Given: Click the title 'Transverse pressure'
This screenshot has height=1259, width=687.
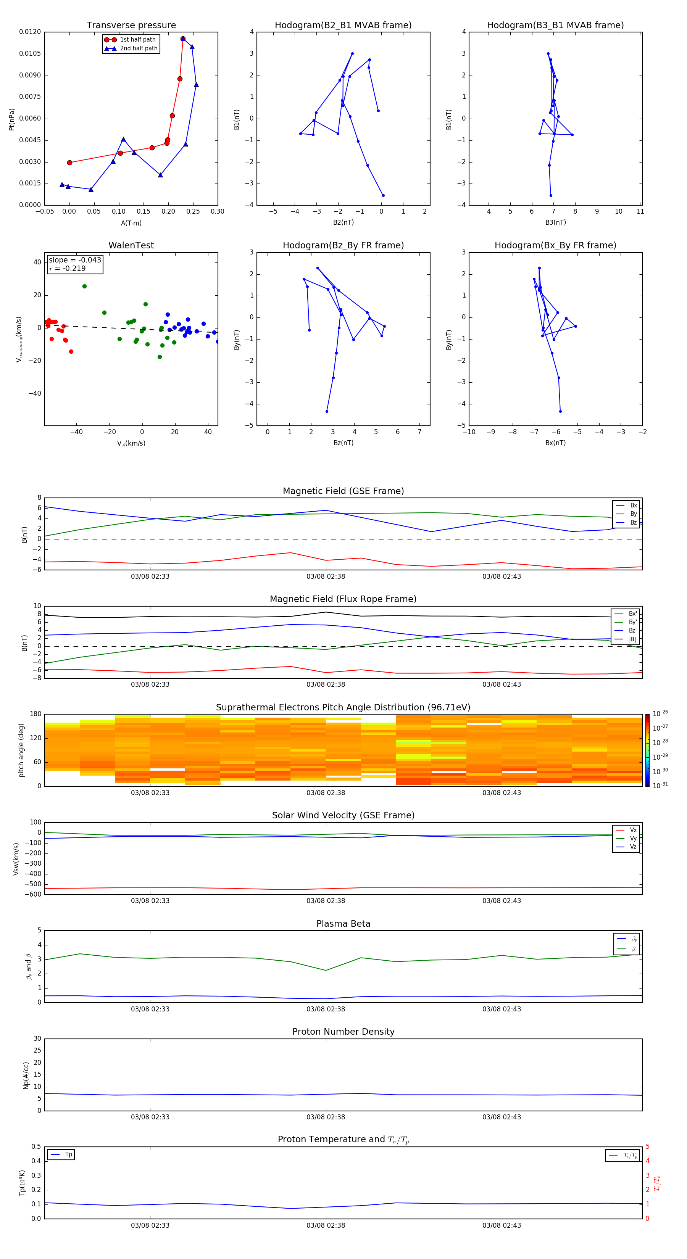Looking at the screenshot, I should [x=131, y=26].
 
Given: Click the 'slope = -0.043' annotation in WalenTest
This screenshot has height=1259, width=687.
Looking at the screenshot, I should [x=75, y=260].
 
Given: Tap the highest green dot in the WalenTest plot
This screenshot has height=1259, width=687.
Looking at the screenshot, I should [x=85, y=287].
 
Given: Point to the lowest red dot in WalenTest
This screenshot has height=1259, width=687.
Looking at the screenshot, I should [x=71, y=351].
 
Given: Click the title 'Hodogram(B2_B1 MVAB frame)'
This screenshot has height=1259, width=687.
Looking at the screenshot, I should [x=343, y=26].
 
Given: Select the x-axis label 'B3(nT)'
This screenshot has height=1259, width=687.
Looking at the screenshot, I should [x=555, y=222].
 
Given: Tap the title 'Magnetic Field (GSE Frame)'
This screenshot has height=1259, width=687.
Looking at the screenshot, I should [x=343, y=491].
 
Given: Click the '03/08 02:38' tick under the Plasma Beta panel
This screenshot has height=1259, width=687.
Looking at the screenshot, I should [x=326, y=1009].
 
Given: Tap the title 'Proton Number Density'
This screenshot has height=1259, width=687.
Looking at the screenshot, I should [x=343, y=1032].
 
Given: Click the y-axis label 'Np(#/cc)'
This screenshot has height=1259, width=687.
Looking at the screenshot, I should [x=26, y=1075].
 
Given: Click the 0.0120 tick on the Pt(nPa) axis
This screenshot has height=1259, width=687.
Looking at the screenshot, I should [x=30, y=32].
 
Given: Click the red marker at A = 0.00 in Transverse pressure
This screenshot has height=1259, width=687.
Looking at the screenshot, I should [x=69, y=163].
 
